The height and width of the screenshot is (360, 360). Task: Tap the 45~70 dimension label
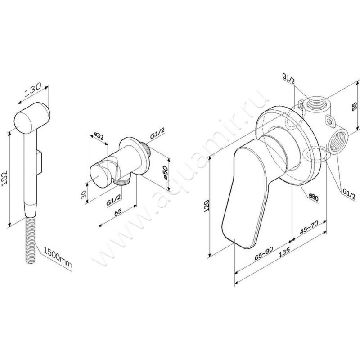click(x=309, y=229)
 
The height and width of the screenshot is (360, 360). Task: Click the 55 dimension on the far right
click(x=355, y=106)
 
